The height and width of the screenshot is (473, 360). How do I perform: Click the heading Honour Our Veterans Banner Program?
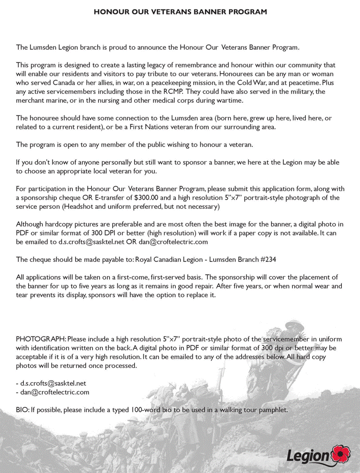coord(180,11)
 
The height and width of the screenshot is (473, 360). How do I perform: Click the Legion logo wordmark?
coord(310,456)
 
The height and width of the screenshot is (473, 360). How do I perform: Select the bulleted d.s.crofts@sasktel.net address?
coord(53,383)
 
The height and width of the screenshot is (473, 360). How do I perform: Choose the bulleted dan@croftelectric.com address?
coord(55,392)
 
